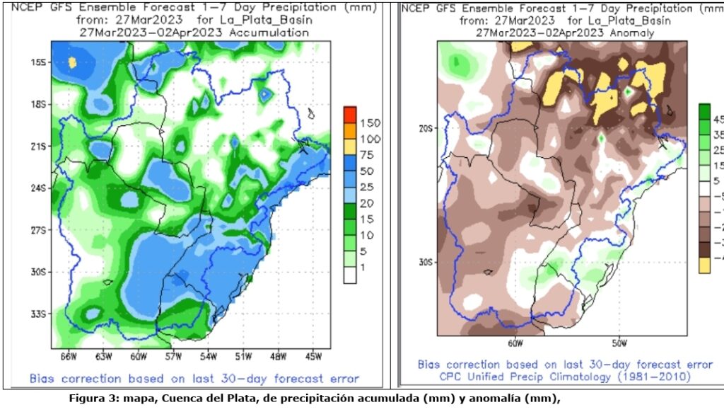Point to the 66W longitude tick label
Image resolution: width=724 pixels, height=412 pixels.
click(x=69, y=355)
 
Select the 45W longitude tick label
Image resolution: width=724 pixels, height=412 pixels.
click(x=313, y=355)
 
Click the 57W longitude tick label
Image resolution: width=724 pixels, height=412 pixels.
click(x=173, y=355)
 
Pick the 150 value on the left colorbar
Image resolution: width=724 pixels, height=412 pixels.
click(x=370, y=123)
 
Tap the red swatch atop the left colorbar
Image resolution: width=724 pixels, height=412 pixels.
click(x=350, y=115)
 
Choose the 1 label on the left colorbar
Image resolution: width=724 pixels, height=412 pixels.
click(x=364, y=267)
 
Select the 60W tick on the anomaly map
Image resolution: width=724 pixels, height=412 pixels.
click(x=515, y=344)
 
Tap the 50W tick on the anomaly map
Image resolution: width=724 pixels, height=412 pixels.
click(x=619, y=344)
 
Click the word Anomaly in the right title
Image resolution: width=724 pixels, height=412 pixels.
click(x=630, y=33)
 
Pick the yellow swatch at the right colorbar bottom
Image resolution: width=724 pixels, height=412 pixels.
click(x=704, y=265)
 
